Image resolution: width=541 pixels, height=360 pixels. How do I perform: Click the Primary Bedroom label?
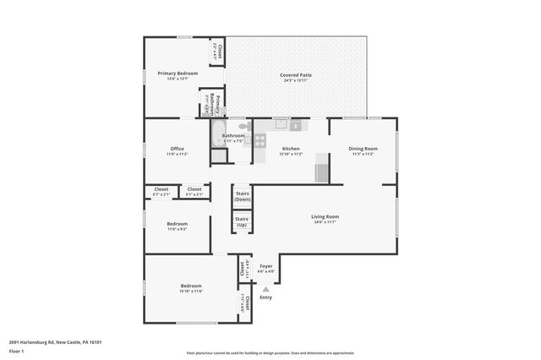coord(178,74)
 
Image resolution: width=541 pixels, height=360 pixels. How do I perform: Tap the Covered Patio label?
coord(295,75)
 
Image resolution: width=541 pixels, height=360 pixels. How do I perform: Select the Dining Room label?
coord(363,149)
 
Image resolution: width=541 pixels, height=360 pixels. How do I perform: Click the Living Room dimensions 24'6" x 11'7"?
coord(325,222)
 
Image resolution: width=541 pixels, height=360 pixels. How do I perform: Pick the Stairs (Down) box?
coord(242,196)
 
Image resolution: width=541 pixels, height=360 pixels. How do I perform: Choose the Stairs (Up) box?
coord(242,222)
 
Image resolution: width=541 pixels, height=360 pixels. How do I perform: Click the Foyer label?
coord(266,266)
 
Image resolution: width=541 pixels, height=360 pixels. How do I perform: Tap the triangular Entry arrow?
coord(265,288)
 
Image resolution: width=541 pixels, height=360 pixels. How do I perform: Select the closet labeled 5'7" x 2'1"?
coord(161,192)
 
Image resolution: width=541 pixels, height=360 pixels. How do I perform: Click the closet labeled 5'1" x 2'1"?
coord(194,192)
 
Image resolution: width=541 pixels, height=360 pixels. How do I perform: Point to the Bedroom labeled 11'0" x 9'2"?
coord(177,226)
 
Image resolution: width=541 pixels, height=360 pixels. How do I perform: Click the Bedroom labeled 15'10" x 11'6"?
coord(191,288)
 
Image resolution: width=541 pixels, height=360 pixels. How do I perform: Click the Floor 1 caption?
coord(17,351)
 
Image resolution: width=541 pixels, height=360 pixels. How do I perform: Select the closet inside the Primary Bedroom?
coord(218,52)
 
